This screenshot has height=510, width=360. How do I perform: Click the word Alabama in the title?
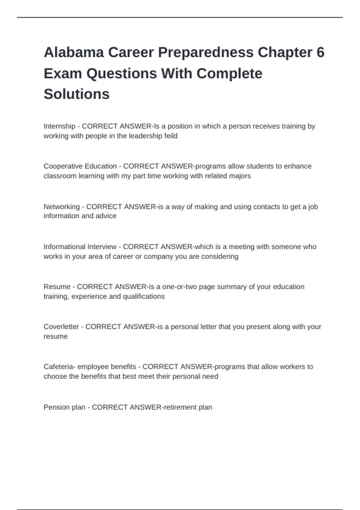(73, 52)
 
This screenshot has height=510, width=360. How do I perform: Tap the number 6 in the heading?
(320, 52)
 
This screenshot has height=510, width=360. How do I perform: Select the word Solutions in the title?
(76, 94)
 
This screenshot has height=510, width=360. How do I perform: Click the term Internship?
(59, 126)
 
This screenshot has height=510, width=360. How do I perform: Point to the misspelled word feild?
(171, 136)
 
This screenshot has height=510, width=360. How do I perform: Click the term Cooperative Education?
(80, 166)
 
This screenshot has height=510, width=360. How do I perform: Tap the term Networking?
(61, 207)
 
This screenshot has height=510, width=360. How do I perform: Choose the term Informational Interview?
(80, 247)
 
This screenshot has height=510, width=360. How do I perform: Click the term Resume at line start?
(57, 287)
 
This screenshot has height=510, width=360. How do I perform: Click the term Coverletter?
(61, 327)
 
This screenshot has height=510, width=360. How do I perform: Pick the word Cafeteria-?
(59, 367)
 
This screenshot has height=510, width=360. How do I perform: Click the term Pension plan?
(64, 407)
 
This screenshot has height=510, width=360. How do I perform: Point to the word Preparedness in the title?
(206, 52)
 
